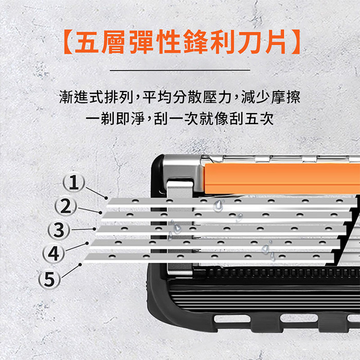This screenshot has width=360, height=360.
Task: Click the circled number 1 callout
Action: (74, 183)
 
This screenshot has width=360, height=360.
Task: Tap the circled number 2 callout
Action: (66, 206)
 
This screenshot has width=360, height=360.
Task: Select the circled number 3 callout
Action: (59, 230)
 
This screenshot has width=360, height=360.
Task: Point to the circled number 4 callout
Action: (53, 254)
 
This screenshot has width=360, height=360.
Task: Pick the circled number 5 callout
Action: (49, 279)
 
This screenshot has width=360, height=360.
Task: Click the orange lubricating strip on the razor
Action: (282, 178)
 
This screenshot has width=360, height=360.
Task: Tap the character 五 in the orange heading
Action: (86, 42)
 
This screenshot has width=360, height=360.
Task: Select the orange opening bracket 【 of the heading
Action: (68, 42)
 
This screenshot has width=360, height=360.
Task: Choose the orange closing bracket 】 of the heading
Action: (295, 42)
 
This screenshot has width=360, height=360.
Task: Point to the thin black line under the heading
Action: (180, 70)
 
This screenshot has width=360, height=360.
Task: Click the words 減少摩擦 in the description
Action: (271, 97)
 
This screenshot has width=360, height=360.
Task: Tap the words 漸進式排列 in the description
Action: (97, 97)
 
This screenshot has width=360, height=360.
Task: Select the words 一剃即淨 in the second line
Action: (115, 119)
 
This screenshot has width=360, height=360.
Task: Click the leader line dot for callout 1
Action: (106, 198)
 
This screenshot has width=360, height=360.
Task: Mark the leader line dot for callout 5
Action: (80, 265)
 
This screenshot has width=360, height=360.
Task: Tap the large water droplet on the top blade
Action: (218, 206)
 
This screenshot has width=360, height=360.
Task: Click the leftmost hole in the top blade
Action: (135, 201)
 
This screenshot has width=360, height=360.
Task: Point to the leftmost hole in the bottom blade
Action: (112, 256)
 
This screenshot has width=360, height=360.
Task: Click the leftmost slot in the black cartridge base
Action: (232, 319)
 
